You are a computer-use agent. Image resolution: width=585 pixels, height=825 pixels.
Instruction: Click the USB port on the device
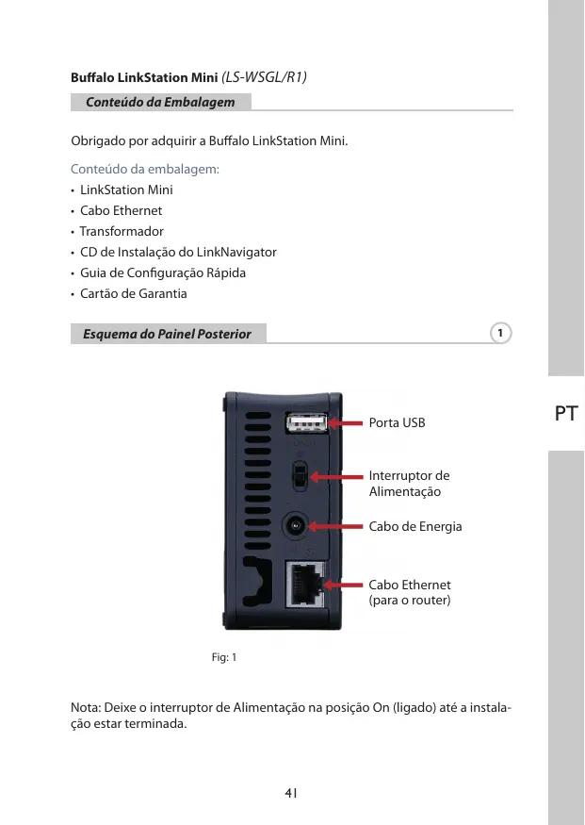click(306, 423)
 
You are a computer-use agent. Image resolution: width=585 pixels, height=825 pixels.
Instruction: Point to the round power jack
click(297, 525)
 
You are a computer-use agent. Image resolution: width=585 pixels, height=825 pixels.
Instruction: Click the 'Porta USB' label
click(397, 423)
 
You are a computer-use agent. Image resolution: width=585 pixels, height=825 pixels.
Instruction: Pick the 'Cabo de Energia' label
click(414, 526)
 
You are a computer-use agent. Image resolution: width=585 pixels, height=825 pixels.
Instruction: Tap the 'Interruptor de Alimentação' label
click(409, 484)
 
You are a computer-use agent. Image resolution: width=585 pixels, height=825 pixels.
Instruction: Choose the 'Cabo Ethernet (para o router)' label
click(410, 592)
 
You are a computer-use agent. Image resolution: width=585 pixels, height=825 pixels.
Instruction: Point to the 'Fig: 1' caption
click(223, 656)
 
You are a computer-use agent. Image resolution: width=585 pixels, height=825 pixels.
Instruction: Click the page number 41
click(292, 793)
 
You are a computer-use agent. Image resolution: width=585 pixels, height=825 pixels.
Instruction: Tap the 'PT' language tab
click(566, 413)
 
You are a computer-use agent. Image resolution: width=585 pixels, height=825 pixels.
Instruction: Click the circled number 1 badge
click(501, 333)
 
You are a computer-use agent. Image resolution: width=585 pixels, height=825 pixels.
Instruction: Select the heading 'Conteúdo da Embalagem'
click(160, 101)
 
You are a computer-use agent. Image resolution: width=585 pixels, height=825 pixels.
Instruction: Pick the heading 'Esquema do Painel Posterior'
click(167, 334)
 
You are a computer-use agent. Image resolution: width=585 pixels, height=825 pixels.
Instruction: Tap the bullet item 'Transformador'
click(122, 231)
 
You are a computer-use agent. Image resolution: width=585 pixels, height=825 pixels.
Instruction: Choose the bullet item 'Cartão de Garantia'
click(133, 293)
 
